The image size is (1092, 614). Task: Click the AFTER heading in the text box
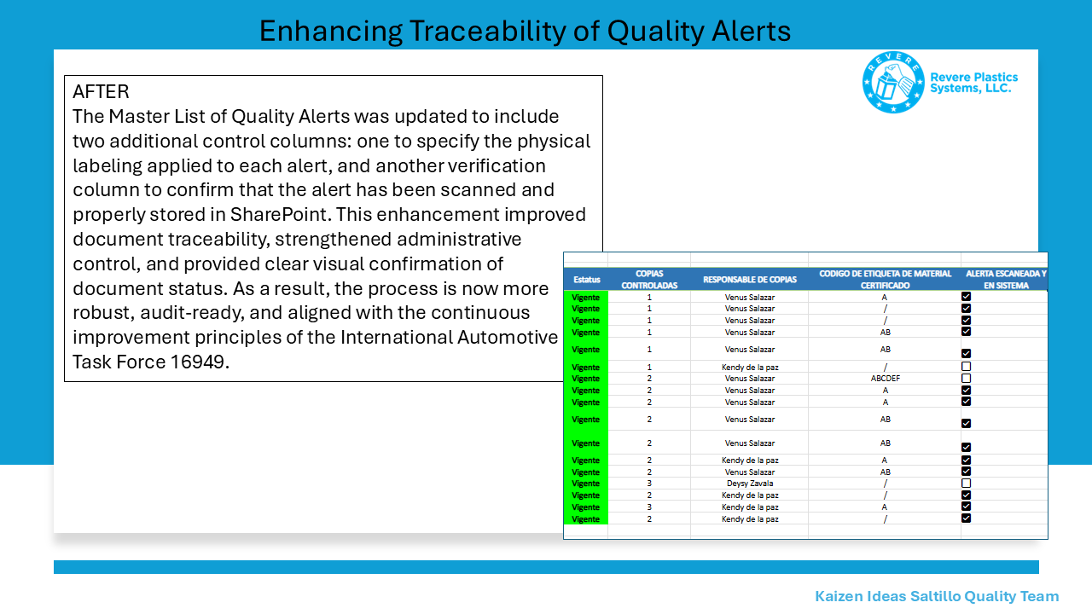click(x=101, y=91)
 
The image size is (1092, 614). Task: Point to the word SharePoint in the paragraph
click(x=278, y=214)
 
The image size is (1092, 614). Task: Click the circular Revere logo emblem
click(x=893, y=82)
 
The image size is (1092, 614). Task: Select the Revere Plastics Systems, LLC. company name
click(x=973, y=83)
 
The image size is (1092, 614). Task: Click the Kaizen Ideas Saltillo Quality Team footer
click(x=937, y=596)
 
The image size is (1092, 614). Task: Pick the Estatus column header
click(x=586, y=280)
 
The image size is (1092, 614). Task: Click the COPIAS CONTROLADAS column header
click(x=649, y=280)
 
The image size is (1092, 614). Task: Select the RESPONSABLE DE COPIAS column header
click(x=750, y=280)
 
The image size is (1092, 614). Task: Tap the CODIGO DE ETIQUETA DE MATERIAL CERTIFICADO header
click(x=885, y=280)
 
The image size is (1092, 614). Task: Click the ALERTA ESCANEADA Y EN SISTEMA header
click(x=1006, y=280)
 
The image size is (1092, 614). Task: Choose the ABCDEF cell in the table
click(x=886, y=379)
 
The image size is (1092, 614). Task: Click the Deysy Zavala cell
click(x=750, y=484)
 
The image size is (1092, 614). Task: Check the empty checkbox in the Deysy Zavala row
click(x=967, y=484)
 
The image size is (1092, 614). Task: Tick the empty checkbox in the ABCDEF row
click(x=967, y=378)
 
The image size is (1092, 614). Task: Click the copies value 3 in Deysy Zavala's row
click(x=649, y=484)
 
